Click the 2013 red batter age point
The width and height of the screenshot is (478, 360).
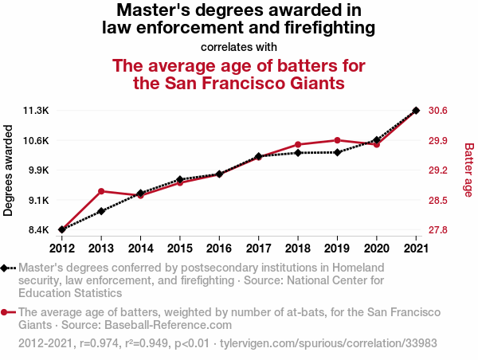pyautogui.click(x=101, y=191)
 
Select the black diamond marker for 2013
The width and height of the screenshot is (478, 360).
pyautogui.click(x=101, y=211)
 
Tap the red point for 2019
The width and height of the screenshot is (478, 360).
pyautogui.click(x=338, y=140)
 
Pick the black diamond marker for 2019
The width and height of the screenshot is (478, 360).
pyautogui.click(x=338, y=152)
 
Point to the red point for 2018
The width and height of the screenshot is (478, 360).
pyautogui.click(x=298, y=145)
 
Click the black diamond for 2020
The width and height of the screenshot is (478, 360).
pyautogui.click(x=377, y=140)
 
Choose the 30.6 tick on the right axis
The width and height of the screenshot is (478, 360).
pyautogui.click(x=439, y=110)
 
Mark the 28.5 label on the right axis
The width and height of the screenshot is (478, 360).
pyautogui.click(x=439, y=200)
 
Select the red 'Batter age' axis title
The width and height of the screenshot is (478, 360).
pyautogui.click(x=468, y=170)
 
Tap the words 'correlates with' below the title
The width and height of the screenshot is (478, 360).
pyautogui.click(x=239, y=46)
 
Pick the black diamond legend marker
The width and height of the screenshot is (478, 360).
pyautogui.click(x=6, y=268)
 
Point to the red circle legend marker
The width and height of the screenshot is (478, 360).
pyautogui.click(x=6, y=313)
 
